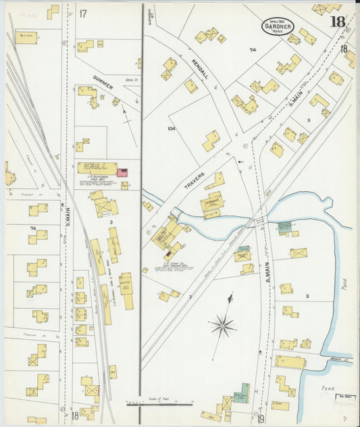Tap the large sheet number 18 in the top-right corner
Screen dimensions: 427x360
point(337,22)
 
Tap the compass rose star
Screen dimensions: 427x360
point(222,326)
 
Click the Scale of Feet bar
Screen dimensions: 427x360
point(159,405)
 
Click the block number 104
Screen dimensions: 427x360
point(171,128)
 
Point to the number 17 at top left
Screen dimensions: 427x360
point(83,14)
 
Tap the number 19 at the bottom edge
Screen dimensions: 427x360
point(260,419)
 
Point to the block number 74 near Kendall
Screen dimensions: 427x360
point(253,50)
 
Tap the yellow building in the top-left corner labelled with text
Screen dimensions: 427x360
point(27,37)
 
